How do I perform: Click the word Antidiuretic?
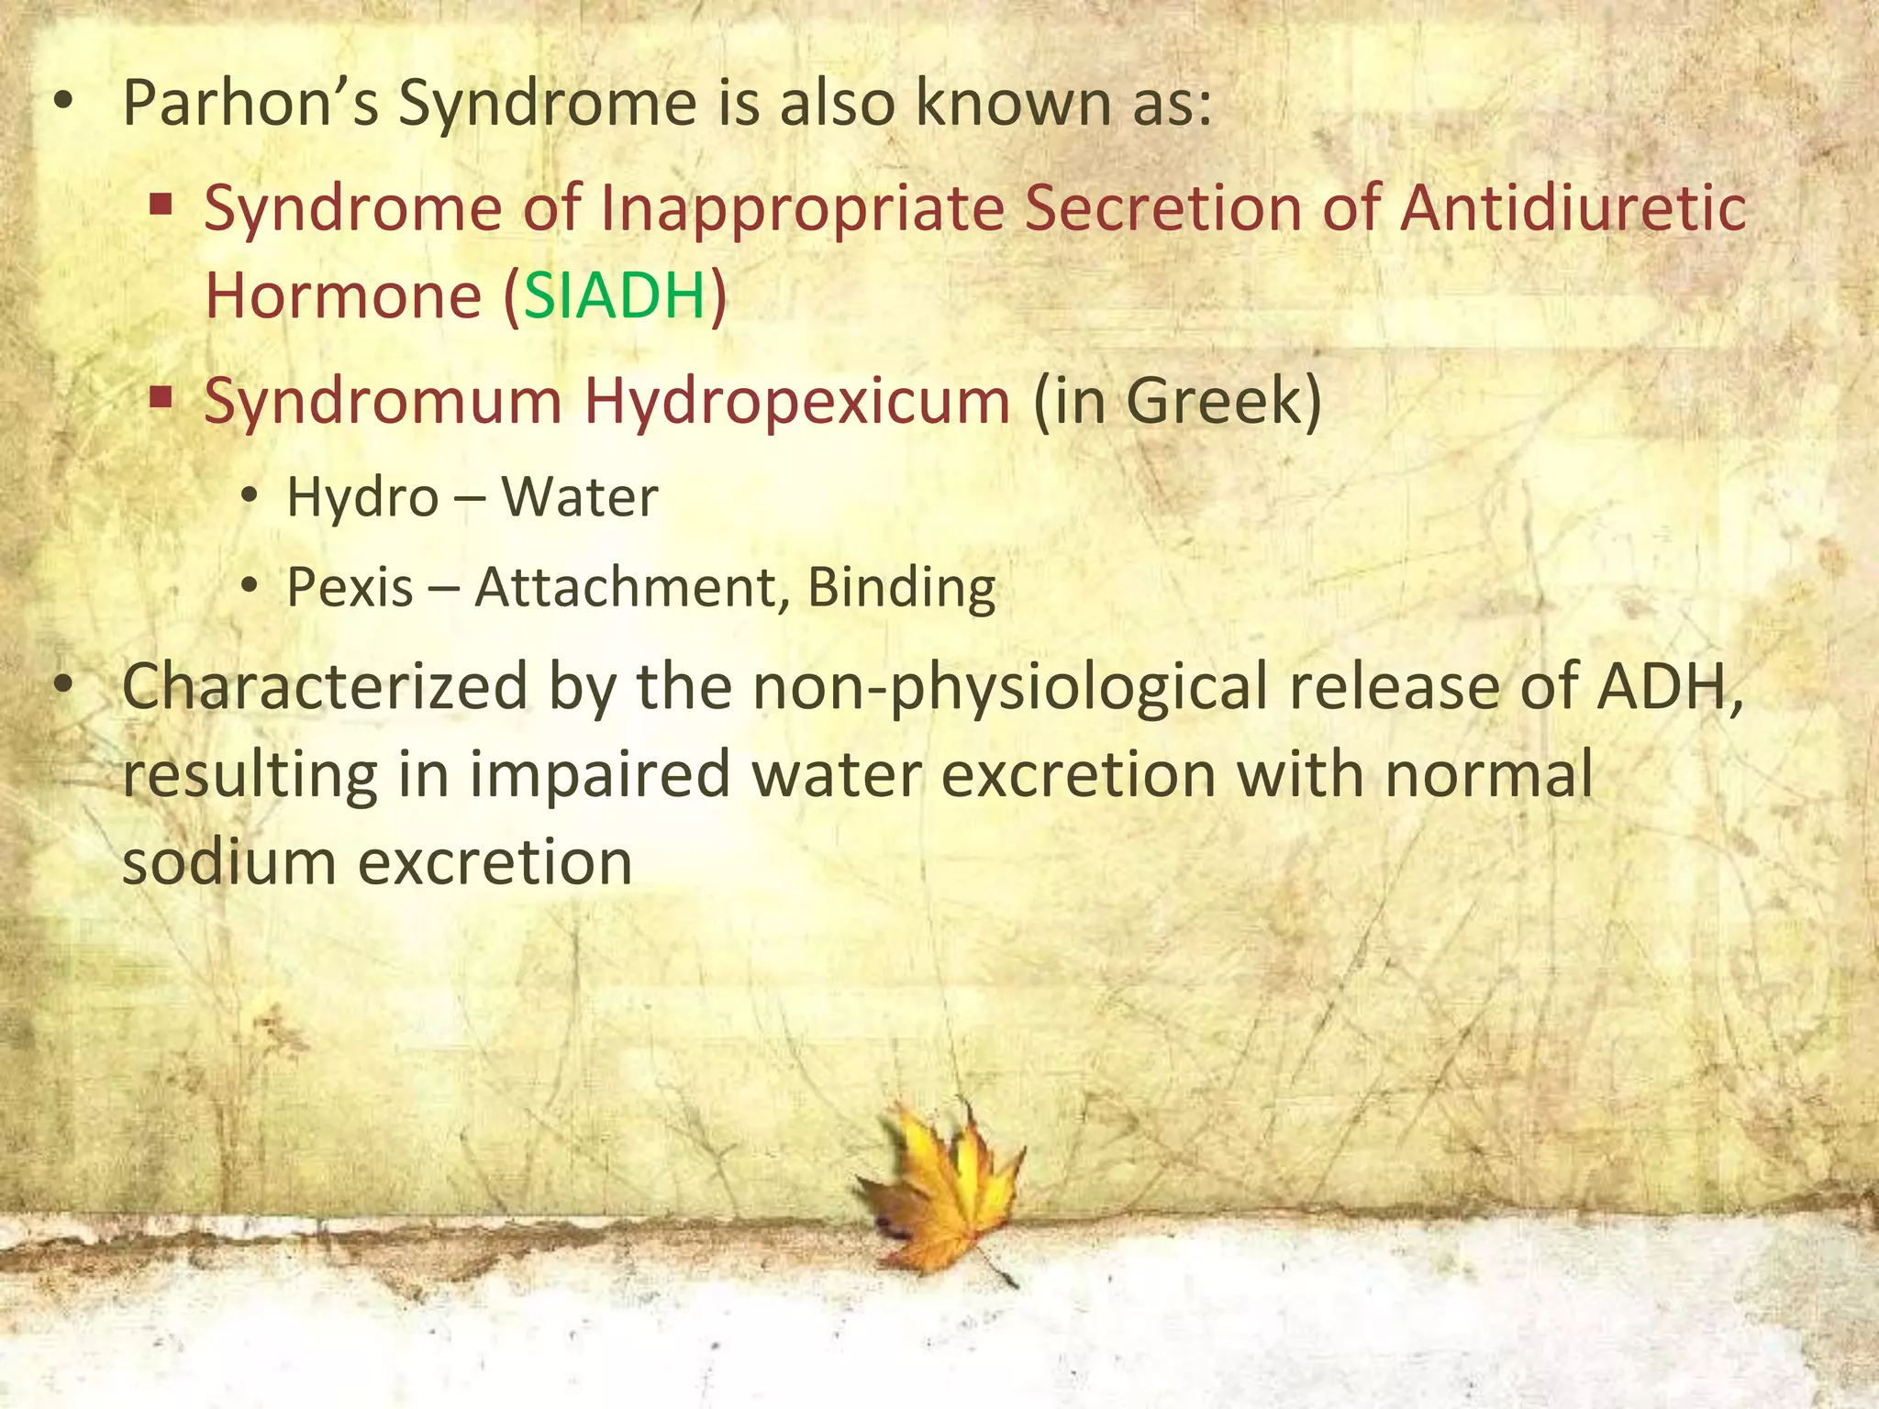click(1573, 208)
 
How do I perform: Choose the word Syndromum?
click(383, 402)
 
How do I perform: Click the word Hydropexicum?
click(797, 402)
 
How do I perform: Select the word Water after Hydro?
click(580, 497)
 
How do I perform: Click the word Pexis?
click(350, 587)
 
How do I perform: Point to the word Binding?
click(901, 587)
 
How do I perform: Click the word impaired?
click(599, 774)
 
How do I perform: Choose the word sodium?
click(228, 862)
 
